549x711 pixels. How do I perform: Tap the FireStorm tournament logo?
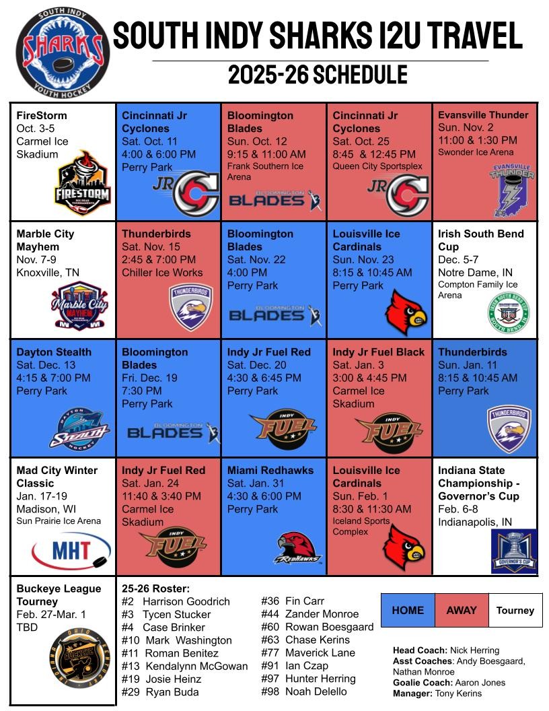(x=81, y=183)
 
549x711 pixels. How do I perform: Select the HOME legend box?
(x=408, y=610)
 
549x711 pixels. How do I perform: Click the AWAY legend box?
(x=462, y=610)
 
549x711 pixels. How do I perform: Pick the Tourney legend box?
(x=515, y=610)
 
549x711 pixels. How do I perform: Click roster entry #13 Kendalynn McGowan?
(x=184, y=666)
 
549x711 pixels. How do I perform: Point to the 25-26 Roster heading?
(x=155, y=588)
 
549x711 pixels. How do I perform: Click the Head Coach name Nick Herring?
(x=474, y=650)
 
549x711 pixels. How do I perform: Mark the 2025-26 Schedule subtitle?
(x=318, y=75)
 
